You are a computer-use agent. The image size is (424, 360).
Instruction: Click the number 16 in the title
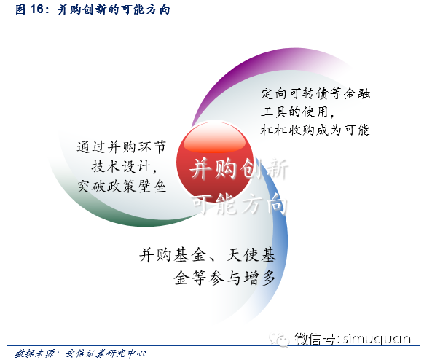[36, 9]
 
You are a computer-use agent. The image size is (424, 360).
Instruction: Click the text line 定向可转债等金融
[315, 93]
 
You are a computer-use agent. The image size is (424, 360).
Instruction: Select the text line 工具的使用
[297, 111]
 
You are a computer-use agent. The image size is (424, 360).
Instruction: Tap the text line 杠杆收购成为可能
[315, 130]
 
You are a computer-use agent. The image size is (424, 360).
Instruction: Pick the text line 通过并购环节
[122, 147]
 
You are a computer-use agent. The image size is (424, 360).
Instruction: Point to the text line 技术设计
[124, 166]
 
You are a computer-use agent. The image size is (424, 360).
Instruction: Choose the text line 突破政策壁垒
[122, 186]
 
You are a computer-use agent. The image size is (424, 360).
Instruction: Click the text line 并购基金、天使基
[208, 255]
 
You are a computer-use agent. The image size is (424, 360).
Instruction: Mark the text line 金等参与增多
[224, 278]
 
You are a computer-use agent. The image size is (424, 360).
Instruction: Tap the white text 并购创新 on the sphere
[239, 169]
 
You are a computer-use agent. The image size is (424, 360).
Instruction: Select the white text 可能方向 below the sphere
[240, 204]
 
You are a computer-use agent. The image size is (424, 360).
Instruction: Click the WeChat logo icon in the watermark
[279, 339]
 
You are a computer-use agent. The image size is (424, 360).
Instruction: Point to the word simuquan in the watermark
[377, 339]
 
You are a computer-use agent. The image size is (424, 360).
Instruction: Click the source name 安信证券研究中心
[106, 353]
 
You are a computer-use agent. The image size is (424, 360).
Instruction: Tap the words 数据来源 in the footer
[34, 353]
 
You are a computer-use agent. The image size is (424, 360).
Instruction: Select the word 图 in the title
[20, 9]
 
